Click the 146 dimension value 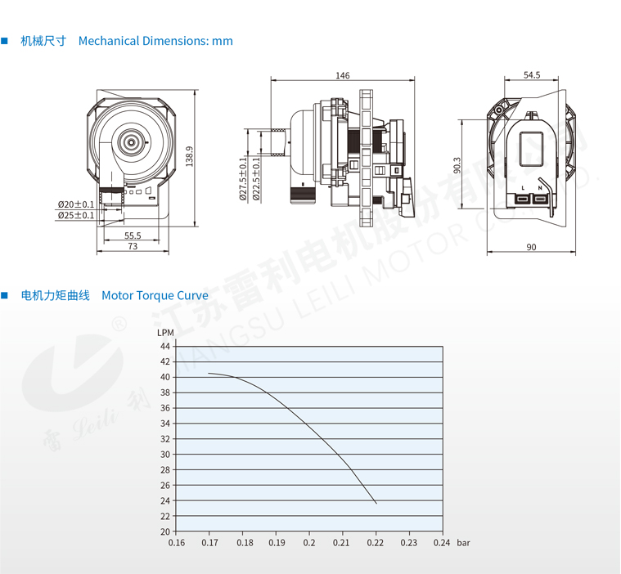[x=342, y=75]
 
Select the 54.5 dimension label [x=532, y=75]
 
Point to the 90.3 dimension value [x=458, y=164]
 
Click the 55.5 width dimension [x=133, y=235]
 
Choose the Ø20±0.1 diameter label [x=75, y=204]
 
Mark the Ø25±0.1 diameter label [x=75, y=215]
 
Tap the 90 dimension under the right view [x=531, y=247]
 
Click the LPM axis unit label [x=164, y=332]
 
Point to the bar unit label [x=464, y=542]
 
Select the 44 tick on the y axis [x=165, y=346]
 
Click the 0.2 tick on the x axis [x=309, y=542]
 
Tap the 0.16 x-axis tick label [x=176, y=542]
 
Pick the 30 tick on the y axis [x=165, y=455]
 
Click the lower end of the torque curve [x=376, y=502]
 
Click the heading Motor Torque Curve [x=155, y=295]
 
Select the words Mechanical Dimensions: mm [x=155, y=41]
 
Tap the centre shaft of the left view [x=131, y=142]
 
